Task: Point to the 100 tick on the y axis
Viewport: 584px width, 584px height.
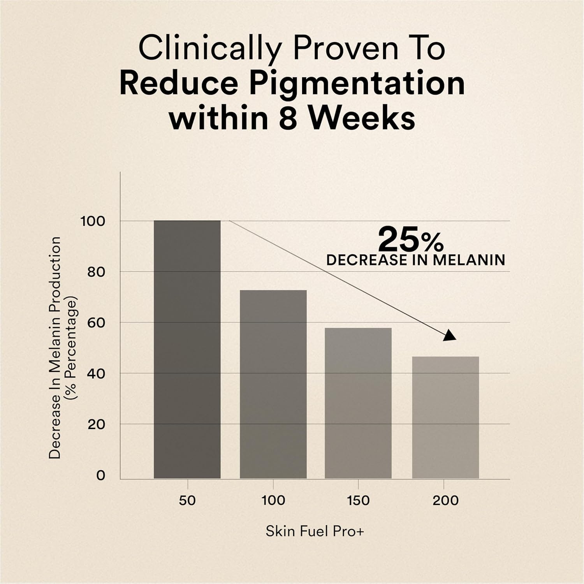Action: (93, 221)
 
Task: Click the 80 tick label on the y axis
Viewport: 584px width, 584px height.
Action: (96, 272)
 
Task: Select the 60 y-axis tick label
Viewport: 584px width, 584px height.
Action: (96, 323)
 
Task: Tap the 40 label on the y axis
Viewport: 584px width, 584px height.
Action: (96, 373)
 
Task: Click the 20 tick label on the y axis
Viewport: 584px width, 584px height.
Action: (96, 424)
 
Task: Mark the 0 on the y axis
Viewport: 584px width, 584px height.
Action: (100, 475)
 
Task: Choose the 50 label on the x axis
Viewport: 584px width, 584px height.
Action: (187, 500)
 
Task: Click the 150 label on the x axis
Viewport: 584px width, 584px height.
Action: (358, 500)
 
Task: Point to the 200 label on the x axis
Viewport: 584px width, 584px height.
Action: (445, 500)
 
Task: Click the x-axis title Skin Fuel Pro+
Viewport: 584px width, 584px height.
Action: (315, 531)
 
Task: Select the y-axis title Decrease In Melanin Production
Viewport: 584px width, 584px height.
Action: (55, 347)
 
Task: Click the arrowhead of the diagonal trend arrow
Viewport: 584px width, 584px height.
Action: (450, 336)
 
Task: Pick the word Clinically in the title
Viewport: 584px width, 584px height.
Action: (209, 49)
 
